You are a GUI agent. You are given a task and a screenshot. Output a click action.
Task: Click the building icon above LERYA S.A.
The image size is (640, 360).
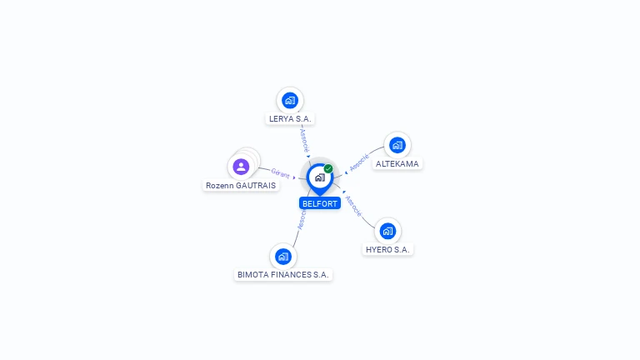pos(290,101)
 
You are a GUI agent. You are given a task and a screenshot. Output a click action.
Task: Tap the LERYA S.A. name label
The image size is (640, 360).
pos(290,119)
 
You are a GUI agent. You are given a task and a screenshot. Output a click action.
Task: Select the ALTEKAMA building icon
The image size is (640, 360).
pos(397,145)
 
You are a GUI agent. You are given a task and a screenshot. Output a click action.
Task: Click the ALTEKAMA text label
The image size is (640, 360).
pos(397,164)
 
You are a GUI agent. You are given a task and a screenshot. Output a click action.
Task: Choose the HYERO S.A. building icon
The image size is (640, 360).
pos(387,231)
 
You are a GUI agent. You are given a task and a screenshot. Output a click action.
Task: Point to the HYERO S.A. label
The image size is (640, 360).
pos(388,250)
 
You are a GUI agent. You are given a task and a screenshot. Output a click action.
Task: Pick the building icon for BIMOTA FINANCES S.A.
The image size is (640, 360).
pos(283,256)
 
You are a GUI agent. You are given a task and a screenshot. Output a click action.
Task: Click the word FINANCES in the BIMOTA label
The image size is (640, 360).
pos(288,274)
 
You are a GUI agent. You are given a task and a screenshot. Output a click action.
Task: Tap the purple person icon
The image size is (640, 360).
pos(242,167)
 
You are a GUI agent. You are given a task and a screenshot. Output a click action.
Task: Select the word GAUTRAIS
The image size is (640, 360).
pos(255,186)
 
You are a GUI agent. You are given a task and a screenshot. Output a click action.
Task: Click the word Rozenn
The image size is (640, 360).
pos(219,186)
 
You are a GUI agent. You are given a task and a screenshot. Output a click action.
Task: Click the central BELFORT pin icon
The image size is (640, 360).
pos(319,177)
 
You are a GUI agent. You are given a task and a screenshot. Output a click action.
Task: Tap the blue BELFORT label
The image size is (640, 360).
pos(319,203)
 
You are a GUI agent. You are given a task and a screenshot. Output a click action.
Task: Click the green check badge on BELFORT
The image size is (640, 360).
pos(328,169)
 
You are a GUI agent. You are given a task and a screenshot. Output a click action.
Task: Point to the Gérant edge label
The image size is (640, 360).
pos(280,173)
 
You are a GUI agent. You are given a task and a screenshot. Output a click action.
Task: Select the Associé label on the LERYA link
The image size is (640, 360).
pos(304,138)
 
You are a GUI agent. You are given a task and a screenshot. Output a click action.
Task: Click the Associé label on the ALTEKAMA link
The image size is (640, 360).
pos(359,162)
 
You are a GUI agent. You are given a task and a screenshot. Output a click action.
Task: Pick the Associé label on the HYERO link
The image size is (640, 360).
pos(353,206)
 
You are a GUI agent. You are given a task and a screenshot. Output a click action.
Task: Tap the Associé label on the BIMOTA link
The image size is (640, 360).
pos(302,218)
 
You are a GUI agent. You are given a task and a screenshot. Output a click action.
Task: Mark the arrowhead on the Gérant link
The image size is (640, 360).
pos(295,177)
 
